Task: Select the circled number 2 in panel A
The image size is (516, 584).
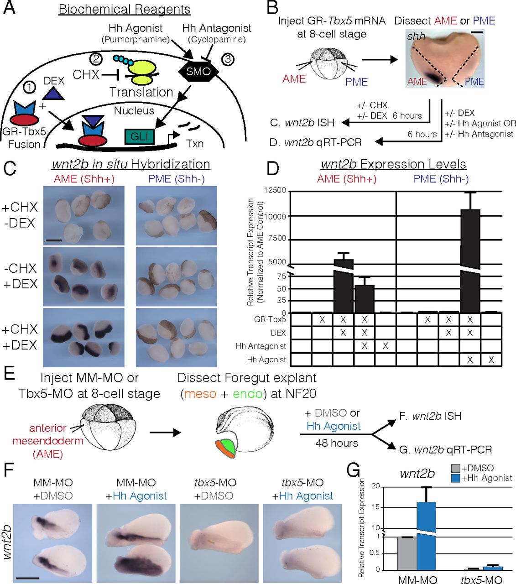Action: click(x=96, y=58)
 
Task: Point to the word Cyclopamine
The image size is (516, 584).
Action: click(x=217, y=40)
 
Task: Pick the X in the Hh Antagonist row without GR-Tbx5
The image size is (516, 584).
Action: click(x=386, y=346)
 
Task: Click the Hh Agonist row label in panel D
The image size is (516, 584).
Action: click(x=266, y=360)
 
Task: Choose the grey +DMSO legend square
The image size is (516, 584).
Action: click(x=456, y=469)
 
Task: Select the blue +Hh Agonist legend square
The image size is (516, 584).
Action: click(x=456, y=478)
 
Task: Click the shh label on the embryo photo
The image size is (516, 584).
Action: click(x=416, y=36)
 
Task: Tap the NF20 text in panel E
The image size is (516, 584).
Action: click(x=297, y=393)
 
